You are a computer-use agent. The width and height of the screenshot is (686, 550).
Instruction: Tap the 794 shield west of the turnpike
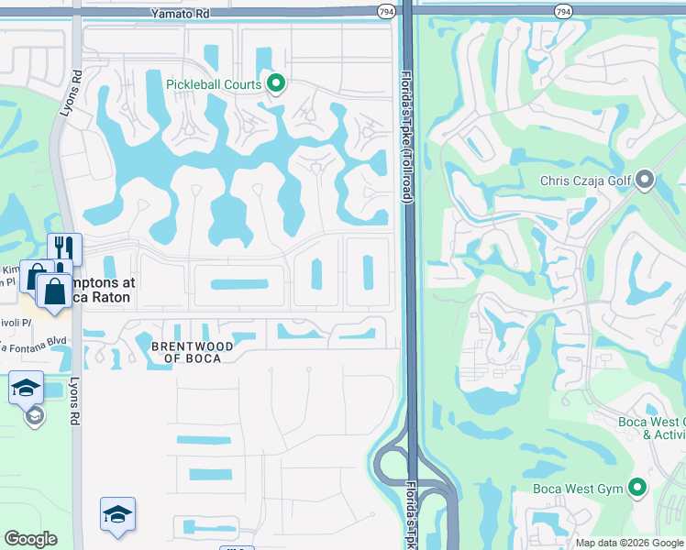(386, 11)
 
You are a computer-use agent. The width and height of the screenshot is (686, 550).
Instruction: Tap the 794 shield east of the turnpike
(563, 11)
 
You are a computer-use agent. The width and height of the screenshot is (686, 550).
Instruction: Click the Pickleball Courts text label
(214, 84)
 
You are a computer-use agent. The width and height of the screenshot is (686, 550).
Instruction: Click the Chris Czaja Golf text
(585, 181)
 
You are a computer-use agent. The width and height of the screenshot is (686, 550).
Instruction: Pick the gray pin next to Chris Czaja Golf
(644, 180)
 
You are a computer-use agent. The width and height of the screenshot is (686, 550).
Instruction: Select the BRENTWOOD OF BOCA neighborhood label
(186, 352)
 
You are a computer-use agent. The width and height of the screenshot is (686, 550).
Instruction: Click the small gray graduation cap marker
(35, 417)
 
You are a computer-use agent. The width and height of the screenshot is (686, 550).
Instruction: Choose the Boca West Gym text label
(578, 489)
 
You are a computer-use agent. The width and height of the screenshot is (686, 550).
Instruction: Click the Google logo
(30, 539)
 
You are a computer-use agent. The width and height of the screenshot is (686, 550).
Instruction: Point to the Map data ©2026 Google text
(629, 543)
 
